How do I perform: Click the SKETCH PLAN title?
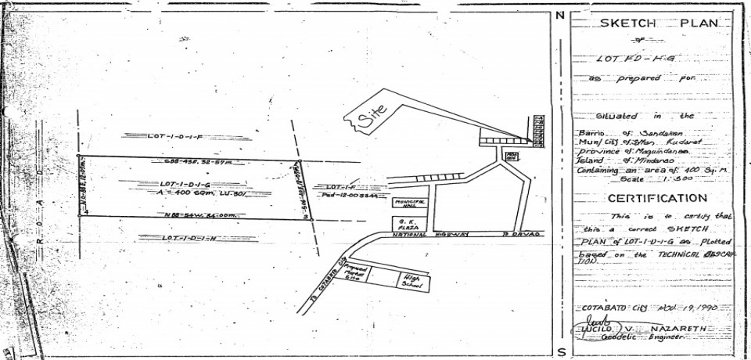point(658,24)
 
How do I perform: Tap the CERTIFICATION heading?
point(658,199)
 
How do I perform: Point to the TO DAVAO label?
point(516,235)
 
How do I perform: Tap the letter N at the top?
point(561,15)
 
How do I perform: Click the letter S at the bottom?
point(561,351)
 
